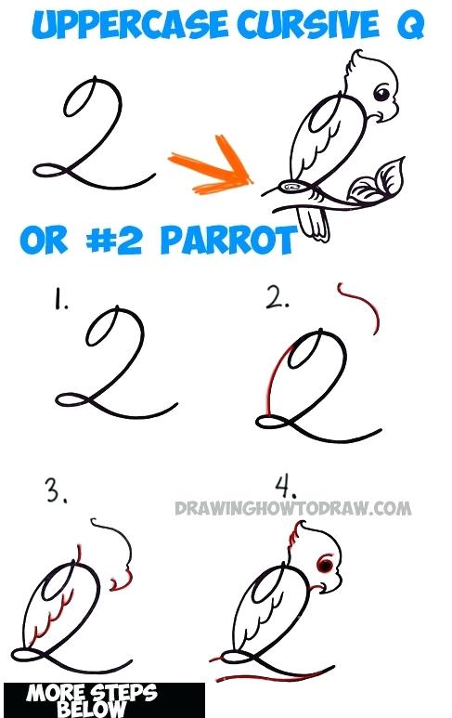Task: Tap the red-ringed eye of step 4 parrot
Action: (x=325, y=563)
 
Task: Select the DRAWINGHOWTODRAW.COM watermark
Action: (x=291, y=508)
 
